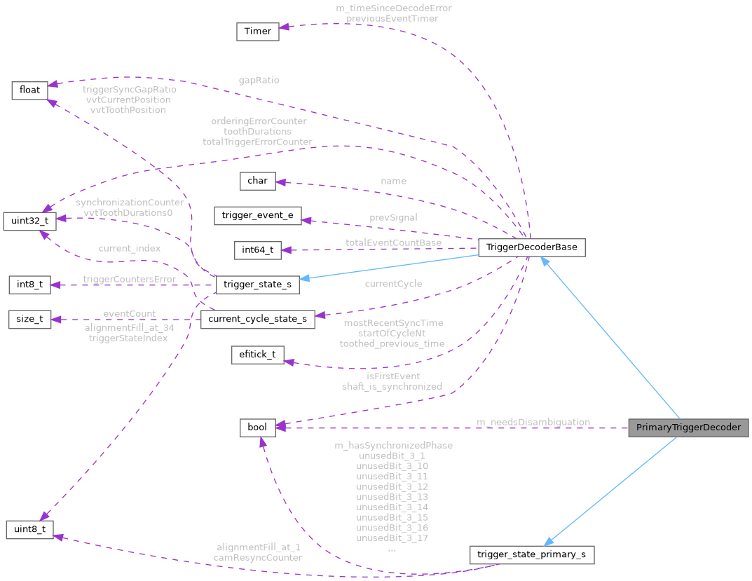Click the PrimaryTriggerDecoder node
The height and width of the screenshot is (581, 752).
pyautogui.click(x=689, y=428)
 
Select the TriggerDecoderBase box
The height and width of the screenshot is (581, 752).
pyautogui.click(x=531, y=247)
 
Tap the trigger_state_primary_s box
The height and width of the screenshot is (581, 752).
pyautogui.click(x=532, y=555)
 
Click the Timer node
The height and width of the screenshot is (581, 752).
pyautogui.click(x=257, y=32)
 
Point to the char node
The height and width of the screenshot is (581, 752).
pyautogui.click(x=257, y=181)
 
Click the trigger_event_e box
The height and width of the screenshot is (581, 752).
pyautogui.click(x=257, y=216)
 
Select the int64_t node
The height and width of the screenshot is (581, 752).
pyautogui.click(x=257, y=250)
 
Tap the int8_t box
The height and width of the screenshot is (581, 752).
pyautogui.click(x=29, y=285)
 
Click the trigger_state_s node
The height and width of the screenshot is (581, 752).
pyautogui.click(x=257, y=285)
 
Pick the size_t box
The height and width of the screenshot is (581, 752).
pyautogui.click(x=29, y=320)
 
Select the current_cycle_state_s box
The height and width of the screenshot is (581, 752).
pyautogui.click(x=257, y=320)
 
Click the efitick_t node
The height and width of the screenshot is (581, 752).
pyautogui.click(x=257, y=355)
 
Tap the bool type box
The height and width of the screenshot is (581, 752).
pyautogui.click(x=257, y=428)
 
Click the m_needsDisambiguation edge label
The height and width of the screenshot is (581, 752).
pyautogui.click(x=533, y=422)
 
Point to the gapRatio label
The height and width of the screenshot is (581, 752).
pyautogui.click(x=258, y=80)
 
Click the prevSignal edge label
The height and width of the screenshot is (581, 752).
pyautogui.click(x=393, y=217)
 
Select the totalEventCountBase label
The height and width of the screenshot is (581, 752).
pyautogui.click(x=393, y=242)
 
